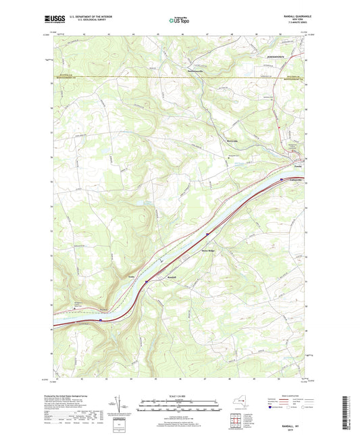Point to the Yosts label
[132, 276]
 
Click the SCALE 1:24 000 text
[179, 395]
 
